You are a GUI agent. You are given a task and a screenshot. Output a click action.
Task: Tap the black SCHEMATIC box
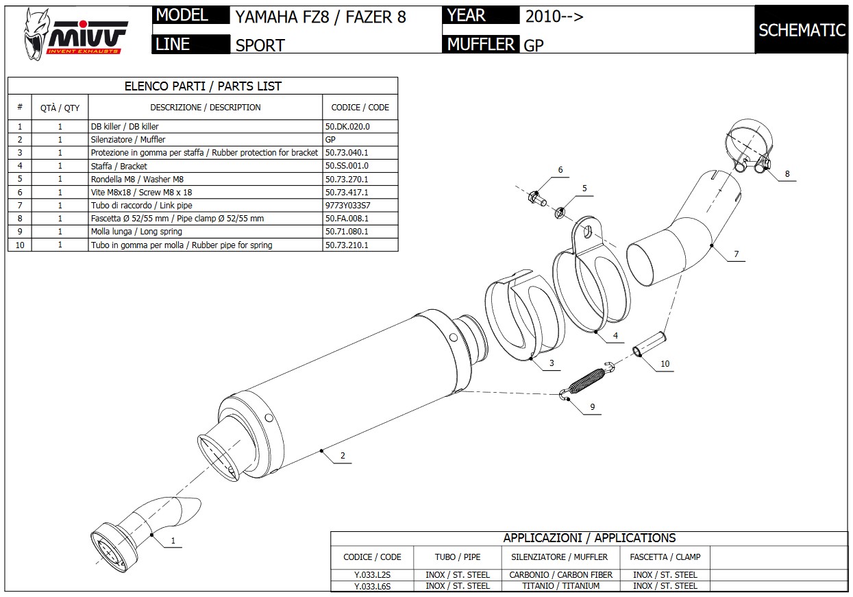(x=802, y=30)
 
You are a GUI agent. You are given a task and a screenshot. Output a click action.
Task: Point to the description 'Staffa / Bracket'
(x=119, y=166)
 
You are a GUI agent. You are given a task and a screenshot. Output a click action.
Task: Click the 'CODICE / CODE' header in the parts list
(x=360, y=108)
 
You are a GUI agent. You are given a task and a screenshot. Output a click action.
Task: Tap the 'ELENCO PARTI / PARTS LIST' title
(x=203, y=86)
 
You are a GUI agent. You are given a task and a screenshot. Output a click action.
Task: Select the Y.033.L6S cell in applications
(x=372, y=586)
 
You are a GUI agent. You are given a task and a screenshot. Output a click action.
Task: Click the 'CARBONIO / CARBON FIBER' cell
(x=561, y=574)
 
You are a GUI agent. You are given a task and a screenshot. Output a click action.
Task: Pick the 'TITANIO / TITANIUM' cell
(x=561, y=586)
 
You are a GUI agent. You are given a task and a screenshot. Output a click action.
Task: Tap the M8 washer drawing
(x=559, y=210)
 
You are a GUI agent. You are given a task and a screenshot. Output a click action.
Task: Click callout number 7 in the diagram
(x=736, y=254)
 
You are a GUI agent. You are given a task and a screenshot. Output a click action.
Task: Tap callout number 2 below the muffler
(x=343, y=456)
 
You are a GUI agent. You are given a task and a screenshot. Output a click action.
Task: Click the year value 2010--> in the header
(x=554, y=16)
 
